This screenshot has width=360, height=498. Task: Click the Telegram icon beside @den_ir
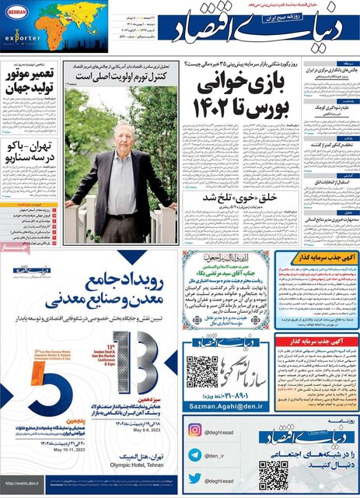coord(194,450)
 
